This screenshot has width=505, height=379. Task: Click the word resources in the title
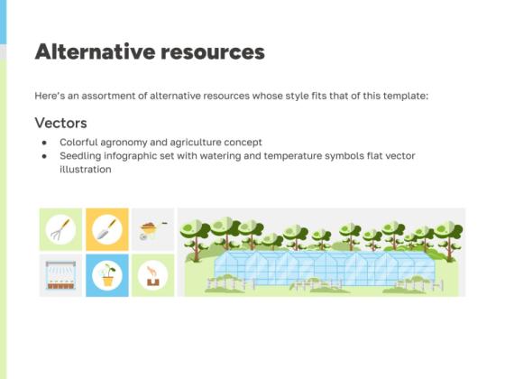(x=212, y=51)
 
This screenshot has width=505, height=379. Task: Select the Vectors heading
(x=60, y=123)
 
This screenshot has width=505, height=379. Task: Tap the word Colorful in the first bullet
(x=80, y=143)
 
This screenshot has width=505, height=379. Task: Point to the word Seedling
(x=82, y=155)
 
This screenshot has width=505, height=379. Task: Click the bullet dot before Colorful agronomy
(x=44, y=143)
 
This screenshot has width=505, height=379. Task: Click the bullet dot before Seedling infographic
(x=44, y=155)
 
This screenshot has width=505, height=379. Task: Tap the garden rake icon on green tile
(x=61, y=229)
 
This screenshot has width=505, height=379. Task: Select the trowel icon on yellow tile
(x=107, y=229)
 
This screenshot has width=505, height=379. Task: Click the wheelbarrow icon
(x=151, y=229)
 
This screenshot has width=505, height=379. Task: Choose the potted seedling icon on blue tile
(x=107, y=275)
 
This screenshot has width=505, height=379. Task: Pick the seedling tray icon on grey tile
(x=61, y=275)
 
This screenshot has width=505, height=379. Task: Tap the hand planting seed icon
(x=151, y=275)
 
